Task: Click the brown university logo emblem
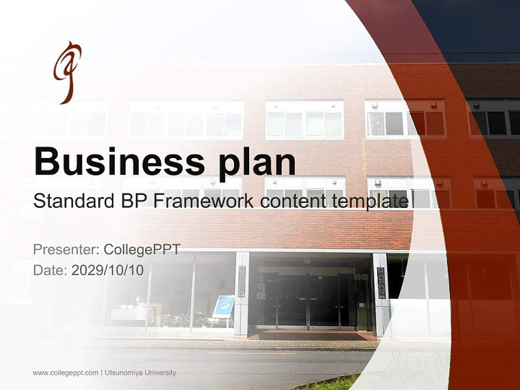[x=67, y=71]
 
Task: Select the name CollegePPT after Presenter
[x=142, y=250]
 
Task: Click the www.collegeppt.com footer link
[x=66, y=373]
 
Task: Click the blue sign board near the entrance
[x=223, y=307]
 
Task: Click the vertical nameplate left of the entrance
[x=242, y=282]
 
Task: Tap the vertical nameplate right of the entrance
[x=381, y=282]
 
